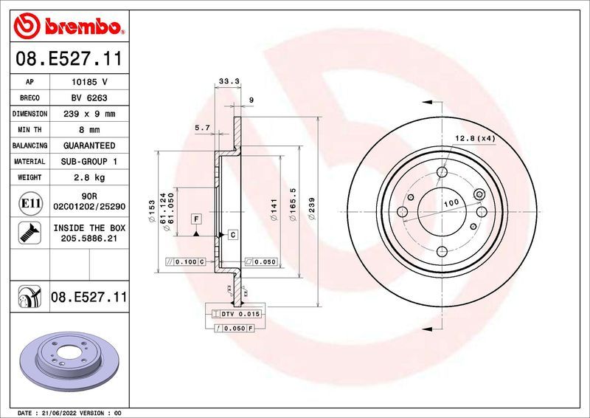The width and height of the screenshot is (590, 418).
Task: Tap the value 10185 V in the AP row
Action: point(89,82)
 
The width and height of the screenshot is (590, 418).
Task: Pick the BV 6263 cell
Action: point(89,98)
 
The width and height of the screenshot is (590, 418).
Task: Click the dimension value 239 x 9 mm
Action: point(89,114)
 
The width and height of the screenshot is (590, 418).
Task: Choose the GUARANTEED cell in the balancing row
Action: point(89,145)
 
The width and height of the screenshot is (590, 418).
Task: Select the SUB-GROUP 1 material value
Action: point(89,161)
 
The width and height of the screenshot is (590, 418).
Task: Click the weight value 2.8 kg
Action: point(89,177)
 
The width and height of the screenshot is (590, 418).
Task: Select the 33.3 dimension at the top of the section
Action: point(226,82)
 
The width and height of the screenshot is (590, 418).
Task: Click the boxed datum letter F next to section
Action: point(196,219)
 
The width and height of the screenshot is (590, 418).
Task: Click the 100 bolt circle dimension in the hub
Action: point(450,202)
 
